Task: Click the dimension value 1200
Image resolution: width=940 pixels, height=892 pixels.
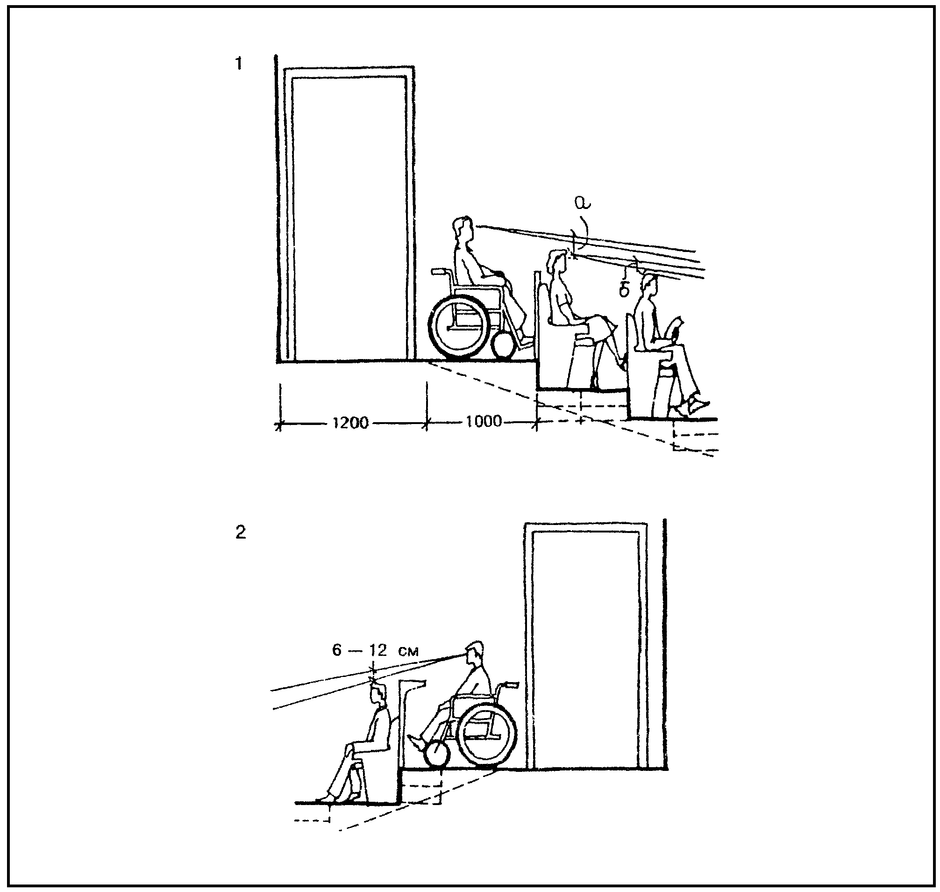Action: pos(351,422)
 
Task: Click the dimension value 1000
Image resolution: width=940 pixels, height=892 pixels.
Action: pos(483,421)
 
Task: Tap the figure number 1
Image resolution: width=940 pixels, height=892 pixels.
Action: pos(239,63)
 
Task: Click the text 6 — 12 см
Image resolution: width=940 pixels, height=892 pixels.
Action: pos(375,650)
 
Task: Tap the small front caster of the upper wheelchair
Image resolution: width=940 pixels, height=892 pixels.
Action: pos(504,345)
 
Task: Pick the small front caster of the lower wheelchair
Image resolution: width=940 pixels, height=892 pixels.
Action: pos(438,755)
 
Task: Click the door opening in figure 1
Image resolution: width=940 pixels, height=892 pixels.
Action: pos(349,219)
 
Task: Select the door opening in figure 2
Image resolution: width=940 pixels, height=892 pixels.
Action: pos(585,649)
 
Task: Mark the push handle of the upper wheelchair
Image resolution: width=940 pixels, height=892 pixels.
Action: pos(441,272)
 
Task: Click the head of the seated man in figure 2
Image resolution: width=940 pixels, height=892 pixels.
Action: pos(378,694)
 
